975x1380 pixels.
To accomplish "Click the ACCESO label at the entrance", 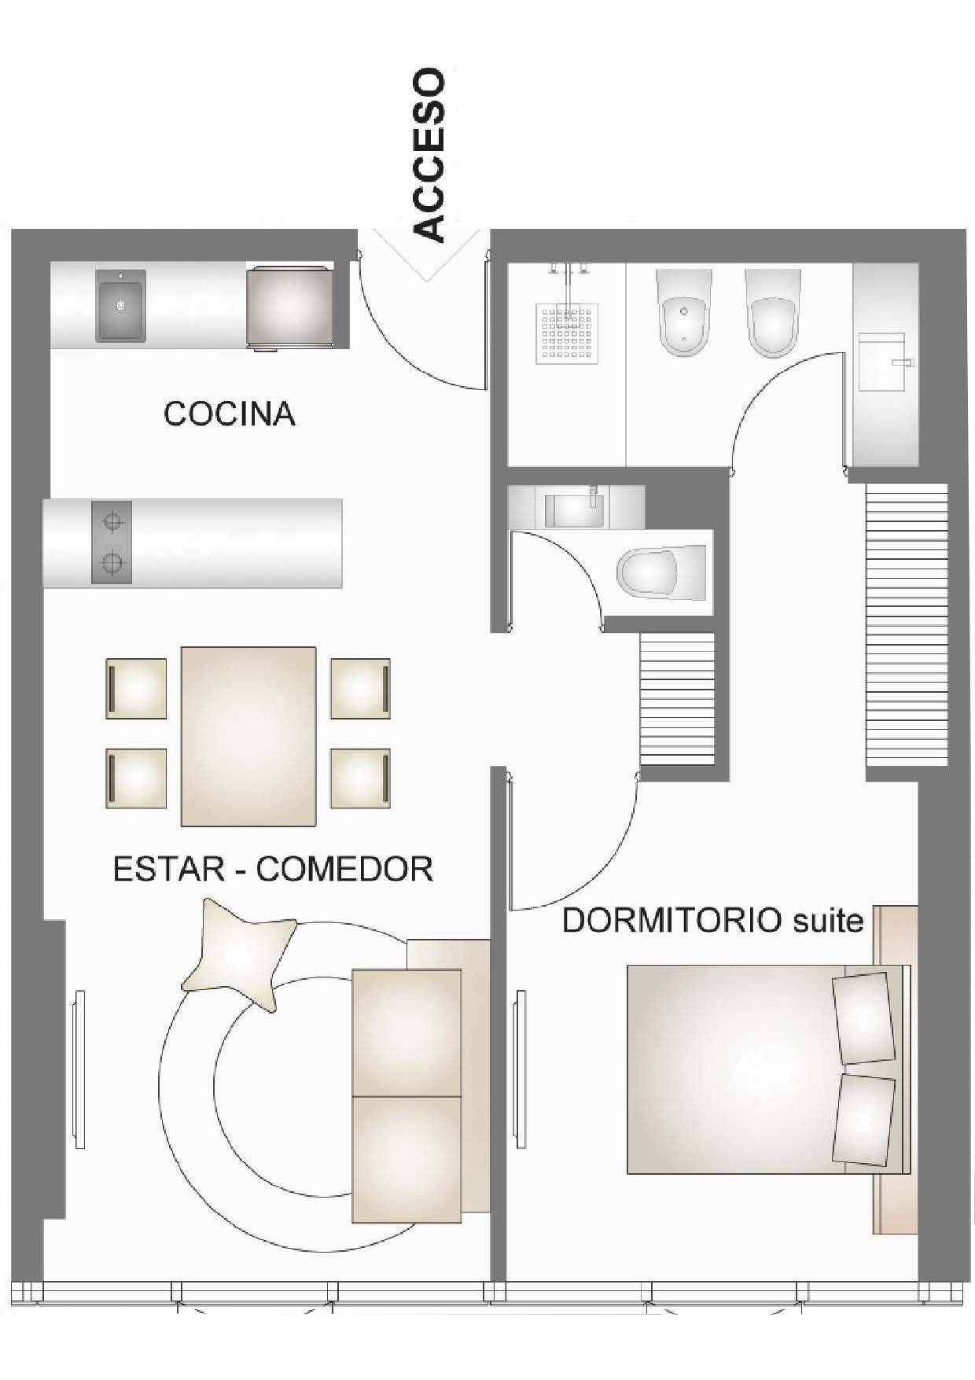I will click(x=429, y=155).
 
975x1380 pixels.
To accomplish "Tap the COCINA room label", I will click(x=229, y=414).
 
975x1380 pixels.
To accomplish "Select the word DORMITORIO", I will click(x=671, y=919).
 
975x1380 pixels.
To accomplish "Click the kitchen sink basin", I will click(x=120, y=306).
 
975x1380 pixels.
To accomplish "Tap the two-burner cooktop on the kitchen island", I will click(x=112, y=542).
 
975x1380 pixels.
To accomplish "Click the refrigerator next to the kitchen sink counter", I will click(x=289, y=306).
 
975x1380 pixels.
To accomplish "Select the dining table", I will click(x=248, y=736).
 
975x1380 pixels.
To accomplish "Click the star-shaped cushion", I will click(x=240, y=957).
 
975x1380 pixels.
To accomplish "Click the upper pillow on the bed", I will click(x=864, y=1018).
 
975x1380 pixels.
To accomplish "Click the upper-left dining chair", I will click(x=136, y=688).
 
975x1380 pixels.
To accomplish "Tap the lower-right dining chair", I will click(x=360, y=778).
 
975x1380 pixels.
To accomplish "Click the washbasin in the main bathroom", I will click(x=884, y=362).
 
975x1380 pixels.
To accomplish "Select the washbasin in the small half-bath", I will click(x=575, y=508).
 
